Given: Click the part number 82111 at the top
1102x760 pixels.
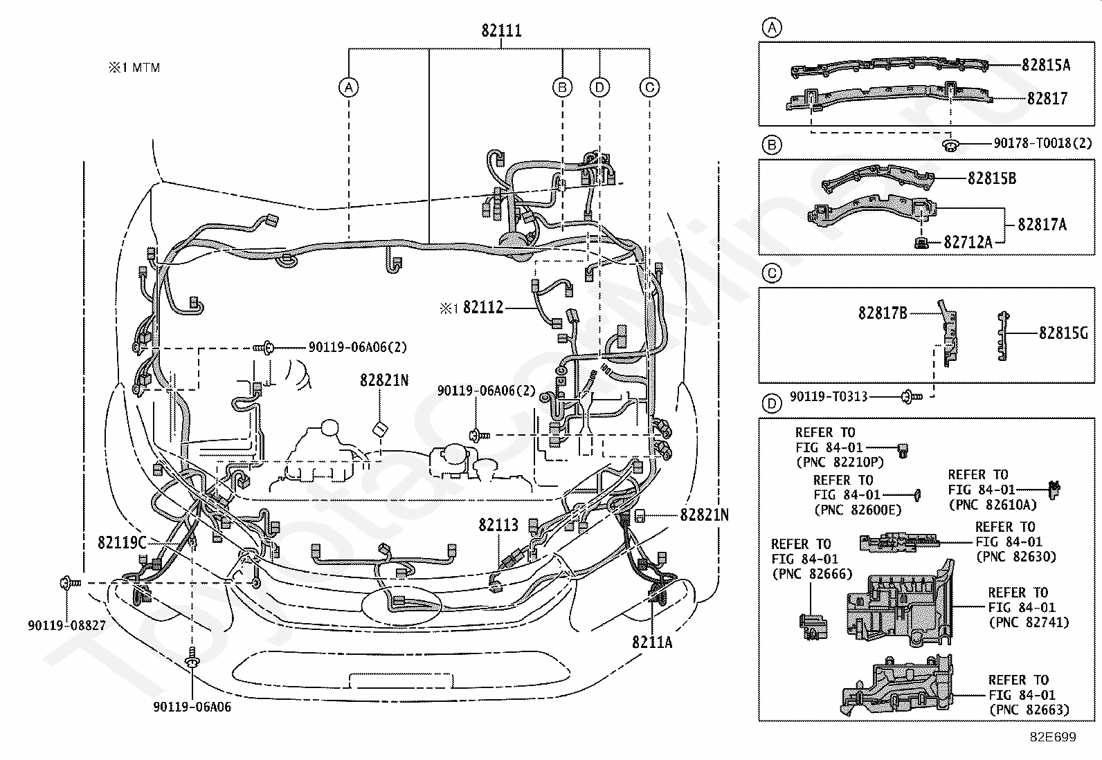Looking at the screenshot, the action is click(501, 30).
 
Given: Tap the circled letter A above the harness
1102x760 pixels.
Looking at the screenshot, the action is click(349, 88).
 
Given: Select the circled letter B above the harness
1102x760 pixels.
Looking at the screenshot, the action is click(562, 88).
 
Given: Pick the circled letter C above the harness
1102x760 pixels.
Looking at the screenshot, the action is click(649, 88).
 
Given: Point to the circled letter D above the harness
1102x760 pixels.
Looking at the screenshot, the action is click(599, 88).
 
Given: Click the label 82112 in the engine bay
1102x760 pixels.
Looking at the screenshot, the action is click(483, 307).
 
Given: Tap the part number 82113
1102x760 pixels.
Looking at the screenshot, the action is click(498, 525).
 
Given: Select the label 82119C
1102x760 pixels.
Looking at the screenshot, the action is click(122, 542).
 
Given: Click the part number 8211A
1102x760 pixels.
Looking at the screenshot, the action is click(652, 642).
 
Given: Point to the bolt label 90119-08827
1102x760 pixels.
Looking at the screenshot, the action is click(67, 625).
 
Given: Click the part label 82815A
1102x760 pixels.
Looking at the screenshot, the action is click(1046, 65).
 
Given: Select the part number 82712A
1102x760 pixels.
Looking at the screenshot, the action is click(968, 242).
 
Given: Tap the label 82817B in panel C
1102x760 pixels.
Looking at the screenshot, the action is click(883, 313).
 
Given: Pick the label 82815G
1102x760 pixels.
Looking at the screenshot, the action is click(1063, 333).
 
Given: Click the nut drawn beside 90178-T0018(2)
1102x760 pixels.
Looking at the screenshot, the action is click(950, 145).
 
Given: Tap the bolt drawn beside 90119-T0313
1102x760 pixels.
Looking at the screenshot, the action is click(912, 396).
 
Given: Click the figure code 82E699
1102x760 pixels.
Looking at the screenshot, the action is click(1053, 736).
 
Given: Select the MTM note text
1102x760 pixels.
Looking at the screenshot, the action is click(134, 67).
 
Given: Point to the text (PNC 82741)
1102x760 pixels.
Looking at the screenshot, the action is click(1029, 622).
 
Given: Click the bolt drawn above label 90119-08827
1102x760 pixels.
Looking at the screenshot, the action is click(69, 583).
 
